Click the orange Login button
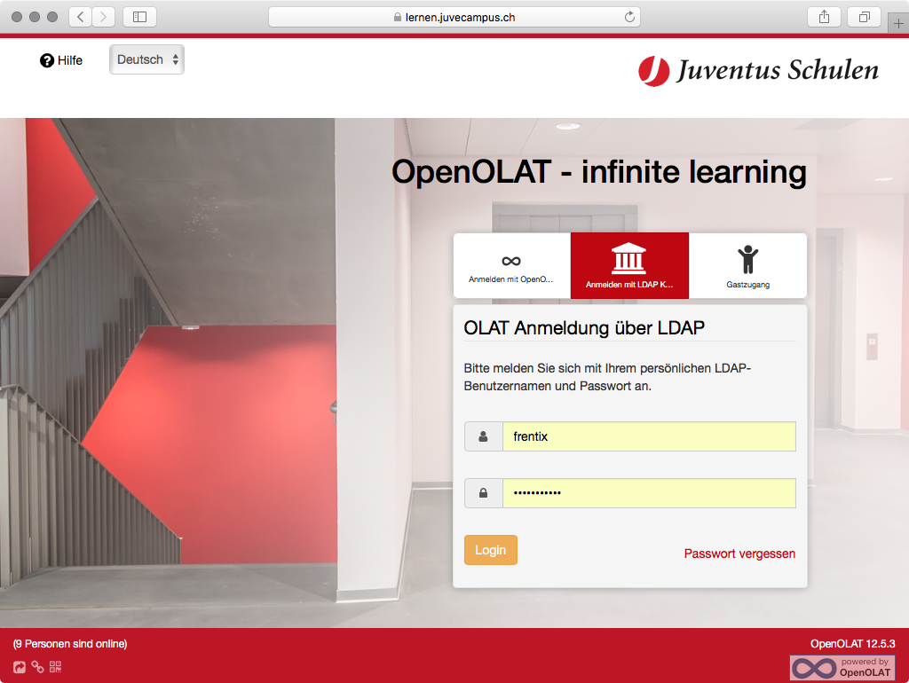pos(490,550)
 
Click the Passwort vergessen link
pos(739,553)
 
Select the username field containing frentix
pos(649,436)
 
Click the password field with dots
pos(649,493)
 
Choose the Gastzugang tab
pos(747,266)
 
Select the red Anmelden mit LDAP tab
pos(629,266)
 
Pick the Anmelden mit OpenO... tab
pos(512,266)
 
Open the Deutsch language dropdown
pos(146,59)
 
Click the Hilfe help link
pos(61,60)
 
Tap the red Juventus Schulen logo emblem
pos(654,71)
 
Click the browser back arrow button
pos(81,17)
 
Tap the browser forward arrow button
pos(103,17)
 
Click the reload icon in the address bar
pos(629,17)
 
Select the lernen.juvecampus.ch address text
pos(461,18)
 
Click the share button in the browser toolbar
pos(824,17)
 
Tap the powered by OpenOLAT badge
pos(842,667)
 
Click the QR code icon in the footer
pos(55,667)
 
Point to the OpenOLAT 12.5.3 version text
pos(852,644)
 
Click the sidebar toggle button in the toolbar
pos(139,17)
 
